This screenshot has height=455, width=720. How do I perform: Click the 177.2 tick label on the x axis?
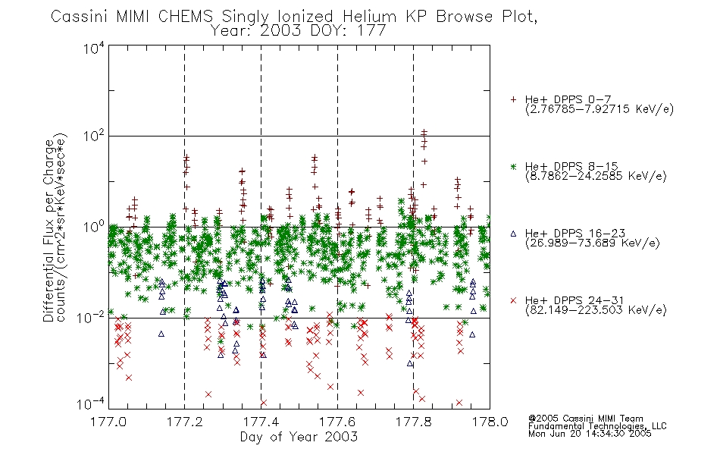point(185,422)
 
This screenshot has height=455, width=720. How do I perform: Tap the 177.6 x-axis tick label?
point(337,422)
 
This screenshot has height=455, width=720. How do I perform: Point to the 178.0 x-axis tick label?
point(490,422)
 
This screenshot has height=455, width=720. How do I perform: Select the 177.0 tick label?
point(108,422)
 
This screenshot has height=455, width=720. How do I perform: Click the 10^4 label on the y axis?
point(94,48)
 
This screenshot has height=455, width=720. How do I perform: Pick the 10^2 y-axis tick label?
point(94,136)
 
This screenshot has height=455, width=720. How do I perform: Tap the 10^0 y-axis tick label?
point(94,227)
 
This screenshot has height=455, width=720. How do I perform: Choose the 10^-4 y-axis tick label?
point(91,403)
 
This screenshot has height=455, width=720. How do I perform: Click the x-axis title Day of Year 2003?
point(299,437)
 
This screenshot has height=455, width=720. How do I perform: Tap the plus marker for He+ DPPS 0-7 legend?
point(513,99)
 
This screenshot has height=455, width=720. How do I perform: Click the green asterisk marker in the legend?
point(513,166)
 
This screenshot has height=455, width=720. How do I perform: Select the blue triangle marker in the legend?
point(513,234)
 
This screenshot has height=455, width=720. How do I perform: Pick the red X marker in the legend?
point(513,300)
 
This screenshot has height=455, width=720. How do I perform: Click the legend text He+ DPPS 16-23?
point(575,233)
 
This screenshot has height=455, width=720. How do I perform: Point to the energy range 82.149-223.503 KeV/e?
point(596,310)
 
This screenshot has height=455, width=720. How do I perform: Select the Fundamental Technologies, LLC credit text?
point(597,426)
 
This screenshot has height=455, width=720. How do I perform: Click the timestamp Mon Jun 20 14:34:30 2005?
point(590,434)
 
